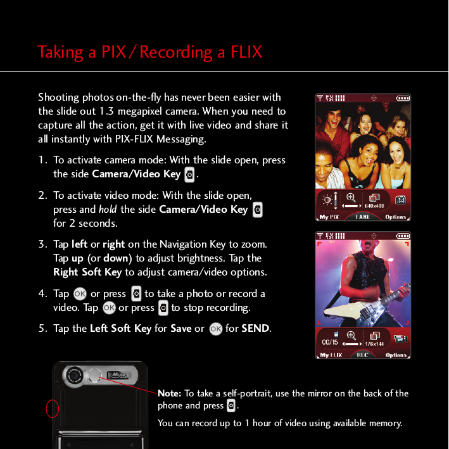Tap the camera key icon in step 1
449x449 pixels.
(189, 174)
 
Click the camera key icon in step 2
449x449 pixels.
(257, 210)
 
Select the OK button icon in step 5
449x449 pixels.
(216, 329)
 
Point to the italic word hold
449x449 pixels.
(108, 210)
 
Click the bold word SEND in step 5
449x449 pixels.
(255, 329)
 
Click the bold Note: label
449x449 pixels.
(170, 393)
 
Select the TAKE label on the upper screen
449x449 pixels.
(363, 217)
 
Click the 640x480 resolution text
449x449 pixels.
(375, 205)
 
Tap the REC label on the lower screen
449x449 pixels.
(362, 355)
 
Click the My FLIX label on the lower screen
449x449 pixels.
(331, 355)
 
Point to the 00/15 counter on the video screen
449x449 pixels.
(330, 343)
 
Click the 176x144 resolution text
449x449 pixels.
(375, 344)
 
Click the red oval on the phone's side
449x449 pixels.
(53, 409)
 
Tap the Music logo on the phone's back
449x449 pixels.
(122, 376)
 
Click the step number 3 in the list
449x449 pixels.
(42, 244)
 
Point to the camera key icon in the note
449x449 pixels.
(231, 406)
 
